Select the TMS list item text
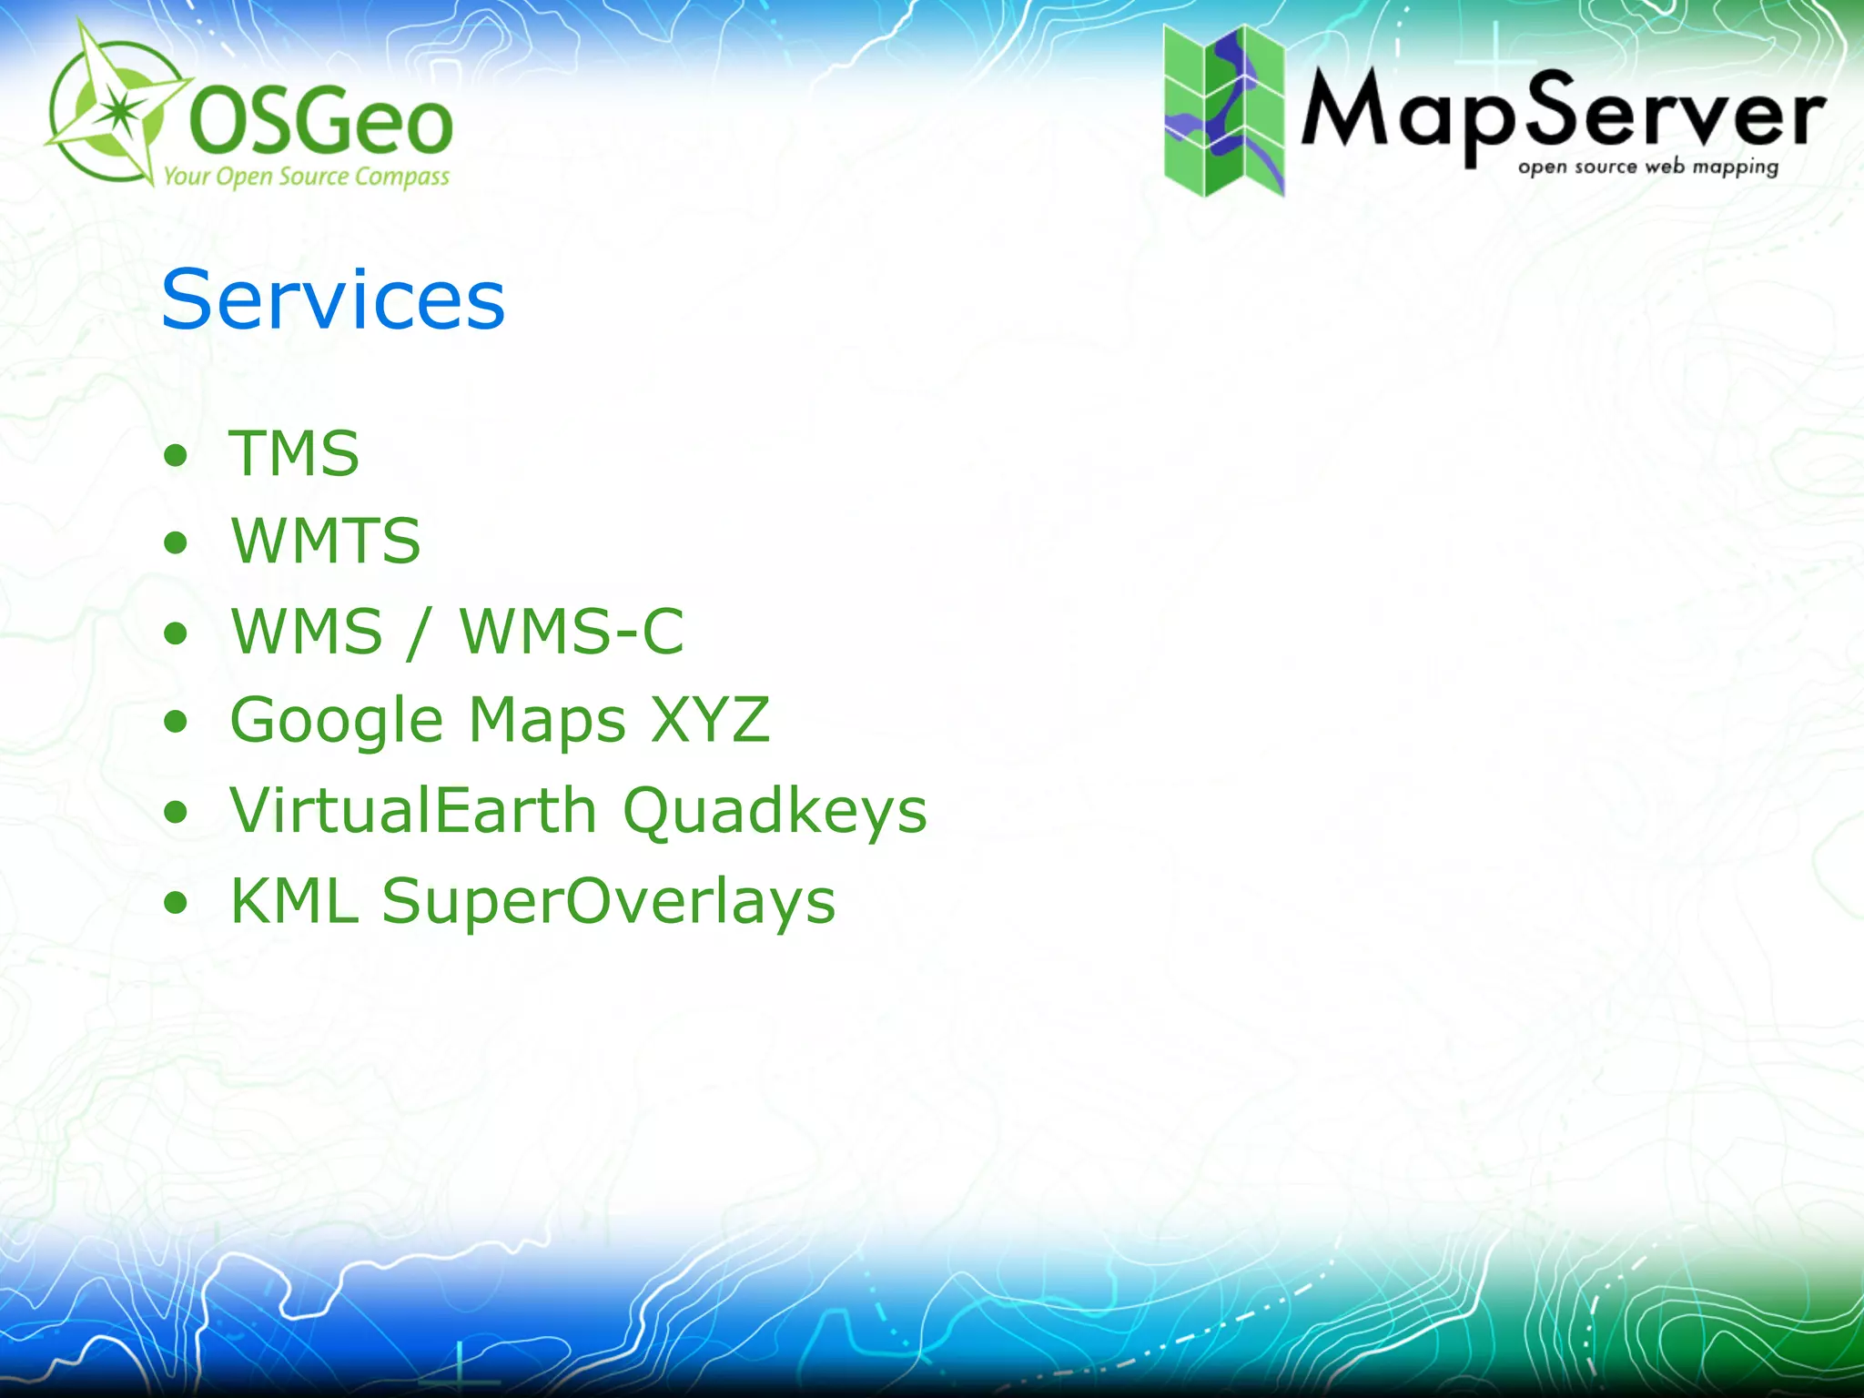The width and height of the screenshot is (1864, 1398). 294,452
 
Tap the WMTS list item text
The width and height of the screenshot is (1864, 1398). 326,541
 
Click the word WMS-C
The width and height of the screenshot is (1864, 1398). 572,631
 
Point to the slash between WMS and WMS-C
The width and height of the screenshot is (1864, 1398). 419,633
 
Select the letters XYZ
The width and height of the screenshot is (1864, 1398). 711,720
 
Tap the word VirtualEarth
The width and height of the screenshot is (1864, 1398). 414,810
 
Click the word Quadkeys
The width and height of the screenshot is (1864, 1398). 775,812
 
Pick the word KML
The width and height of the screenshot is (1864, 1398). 294,900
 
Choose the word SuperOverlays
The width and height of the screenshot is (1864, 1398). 609,902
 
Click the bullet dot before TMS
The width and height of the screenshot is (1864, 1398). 176,454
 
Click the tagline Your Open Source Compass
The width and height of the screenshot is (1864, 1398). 307,177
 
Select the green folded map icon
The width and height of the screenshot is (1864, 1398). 1224,110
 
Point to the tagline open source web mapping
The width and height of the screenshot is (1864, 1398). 1647,167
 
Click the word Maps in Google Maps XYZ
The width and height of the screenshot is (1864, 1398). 547,721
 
